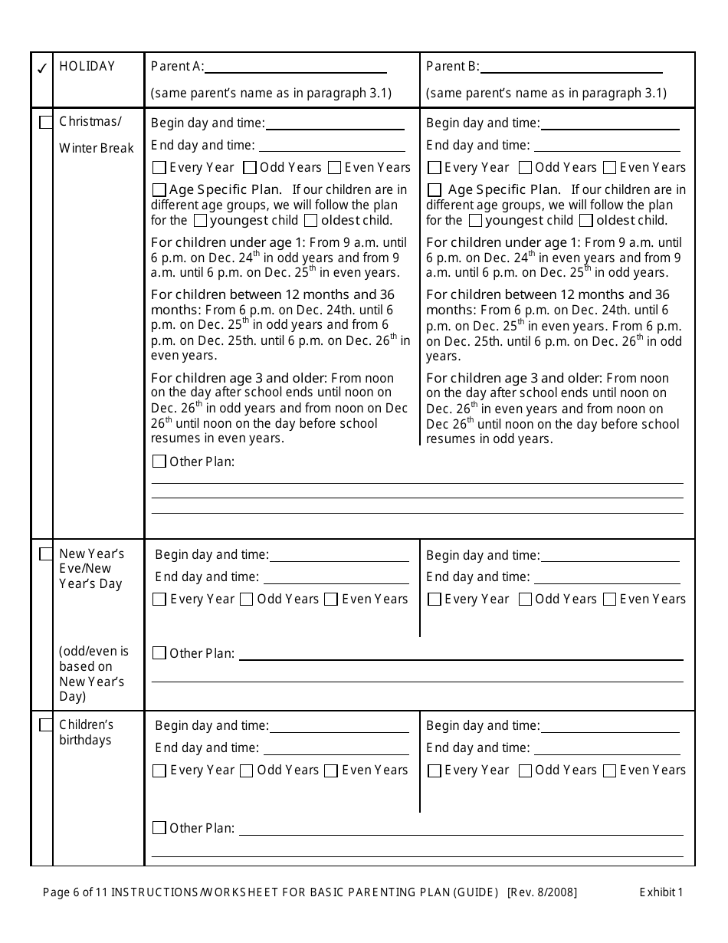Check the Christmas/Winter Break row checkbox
[46, 122]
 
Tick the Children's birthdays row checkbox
[46, 724]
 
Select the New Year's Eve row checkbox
[46, 554]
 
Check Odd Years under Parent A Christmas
[250, 167]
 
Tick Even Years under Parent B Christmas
[610, 167]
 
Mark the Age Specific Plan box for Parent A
[159, 189]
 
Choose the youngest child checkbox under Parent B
[475, 221]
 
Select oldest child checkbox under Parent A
[311, 221]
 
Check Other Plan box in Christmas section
[159, 462]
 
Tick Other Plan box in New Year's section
[159, 653]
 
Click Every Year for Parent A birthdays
[159, 770]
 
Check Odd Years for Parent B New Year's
[525, 600]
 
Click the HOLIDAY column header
[87, 67]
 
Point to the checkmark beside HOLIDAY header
[42, 68]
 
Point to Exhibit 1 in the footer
[661, 892]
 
